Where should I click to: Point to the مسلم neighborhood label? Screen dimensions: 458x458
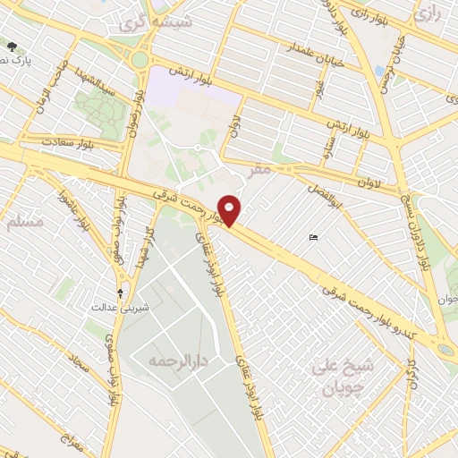click(x=24, y=221)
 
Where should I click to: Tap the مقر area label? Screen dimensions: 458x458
click(x=260, y=167)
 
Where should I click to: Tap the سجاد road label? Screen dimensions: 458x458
click(x=66, y=362)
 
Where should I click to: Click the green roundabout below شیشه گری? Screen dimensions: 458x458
click(x=140, y=60)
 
